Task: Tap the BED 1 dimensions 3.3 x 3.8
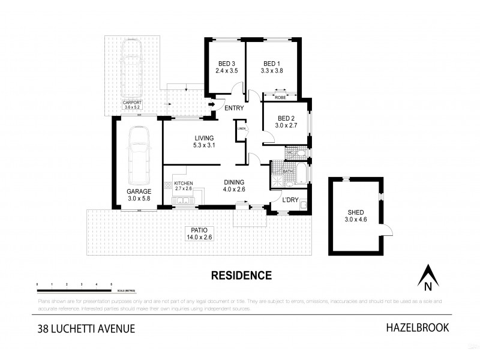(271, 71)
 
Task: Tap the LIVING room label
(203, 137)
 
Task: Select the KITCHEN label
(183, 182)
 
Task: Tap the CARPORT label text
(132, 103)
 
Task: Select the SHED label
(356, 212)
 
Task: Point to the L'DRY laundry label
(290, 199)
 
